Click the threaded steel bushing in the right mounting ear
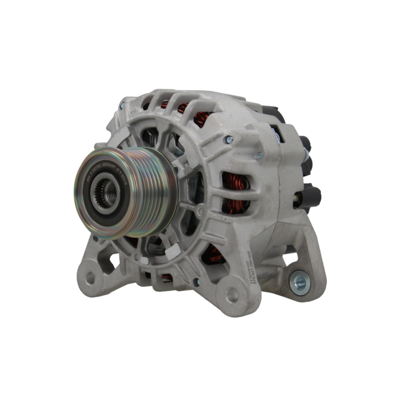click(300, 283)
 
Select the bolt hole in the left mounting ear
click(90, 277)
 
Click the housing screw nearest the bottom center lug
click(196, 282)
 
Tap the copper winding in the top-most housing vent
click(183, 107)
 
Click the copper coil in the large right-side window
click(237, 192)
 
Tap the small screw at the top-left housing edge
click(122, 107)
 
